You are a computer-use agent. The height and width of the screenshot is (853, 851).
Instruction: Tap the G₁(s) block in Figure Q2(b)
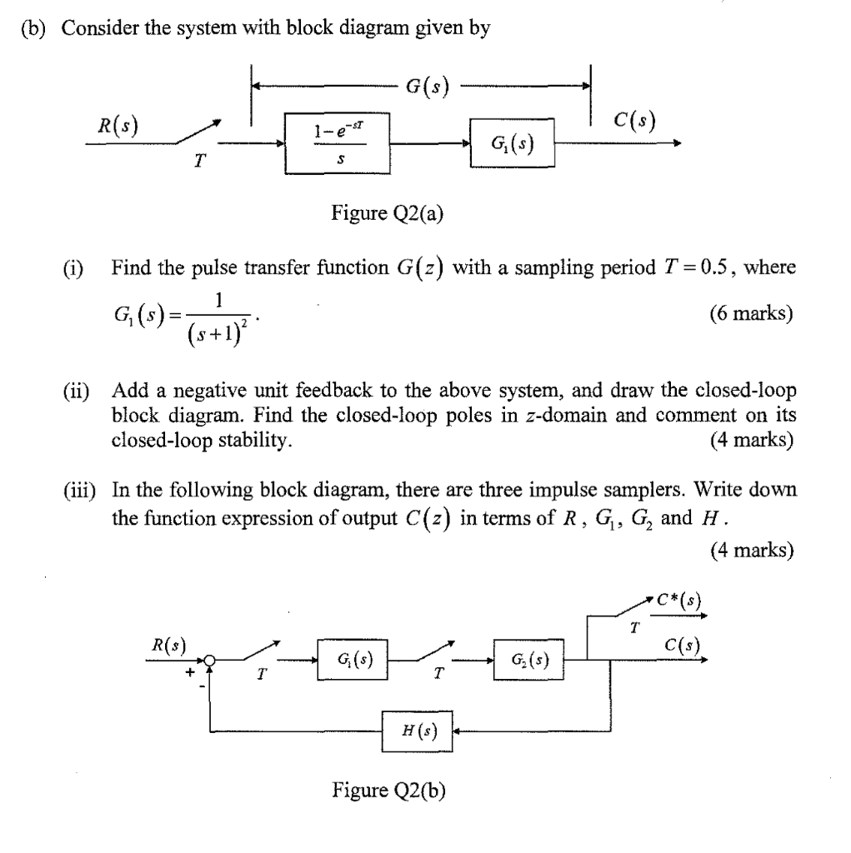(x=355, y=661)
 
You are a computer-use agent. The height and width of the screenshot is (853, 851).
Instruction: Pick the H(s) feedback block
(x=416, y=731)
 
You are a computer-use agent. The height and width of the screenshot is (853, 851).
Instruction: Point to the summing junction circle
(x=211, y=661)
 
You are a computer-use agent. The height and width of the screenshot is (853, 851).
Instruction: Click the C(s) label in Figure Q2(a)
(x=632, y=122)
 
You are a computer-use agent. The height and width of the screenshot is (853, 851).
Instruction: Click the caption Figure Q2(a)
(x=388, y=215)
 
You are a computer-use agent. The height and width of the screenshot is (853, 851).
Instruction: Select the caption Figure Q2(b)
(x=388, y=790)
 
